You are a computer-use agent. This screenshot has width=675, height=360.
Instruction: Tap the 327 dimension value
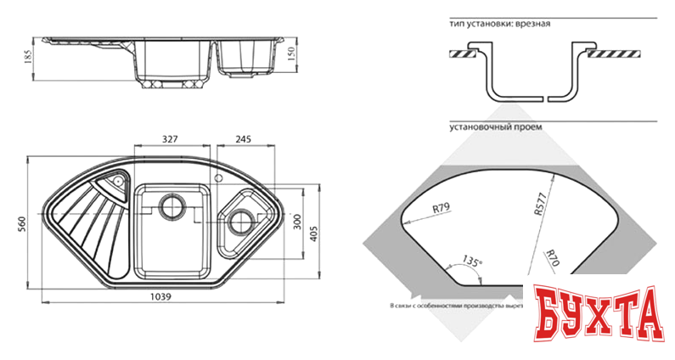[171, 139]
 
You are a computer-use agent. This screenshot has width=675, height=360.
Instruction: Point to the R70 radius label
[553, 257]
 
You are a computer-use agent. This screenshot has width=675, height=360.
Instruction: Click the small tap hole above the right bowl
[219, 179]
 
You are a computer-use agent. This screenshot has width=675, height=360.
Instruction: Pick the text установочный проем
[495, 128]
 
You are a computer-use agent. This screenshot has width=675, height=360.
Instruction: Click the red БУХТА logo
[598, 314]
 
